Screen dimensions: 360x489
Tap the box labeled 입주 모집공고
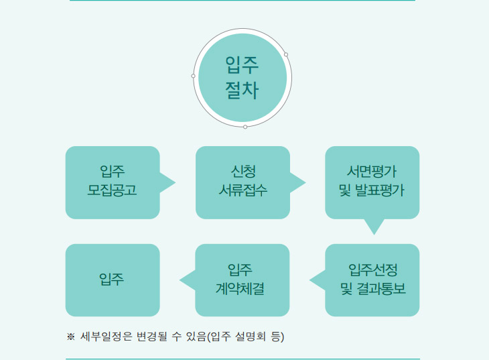(x=113, y=182)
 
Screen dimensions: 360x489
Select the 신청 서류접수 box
(x=242, y=182)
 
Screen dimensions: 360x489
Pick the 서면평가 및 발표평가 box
(x=372, y=182)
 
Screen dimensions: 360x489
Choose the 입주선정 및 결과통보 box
(x=372, y=280)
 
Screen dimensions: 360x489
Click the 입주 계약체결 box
(x=242, y=280)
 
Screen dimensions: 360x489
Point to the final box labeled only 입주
(x=113, y=280)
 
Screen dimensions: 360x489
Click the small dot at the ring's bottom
(x=245, y=127)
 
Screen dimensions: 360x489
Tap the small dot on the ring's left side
(x=193, y=76)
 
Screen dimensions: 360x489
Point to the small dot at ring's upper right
(x=286, y=54)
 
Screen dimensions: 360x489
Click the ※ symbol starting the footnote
(x=70, y=337)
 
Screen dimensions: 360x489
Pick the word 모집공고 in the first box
(x=113, y=190)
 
